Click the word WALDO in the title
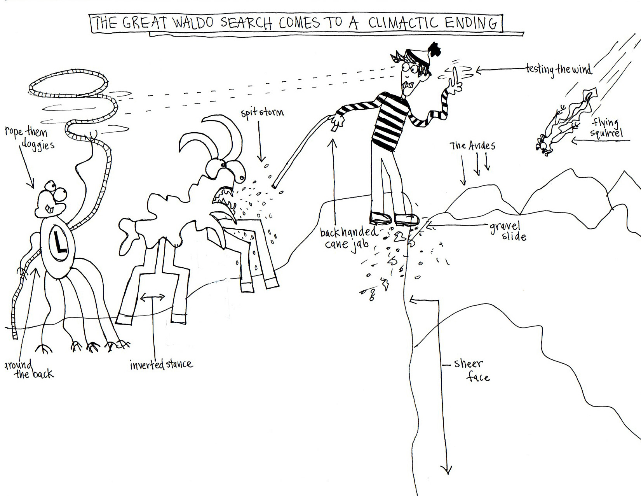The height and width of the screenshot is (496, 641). click(193, 23)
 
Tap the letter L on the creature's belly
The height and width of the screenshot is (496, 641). click(59, 243)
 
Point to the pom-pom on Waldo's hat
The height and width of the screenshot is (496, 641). click(434, 51)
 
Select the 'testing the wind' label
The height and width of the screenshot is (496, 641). click(558, 69)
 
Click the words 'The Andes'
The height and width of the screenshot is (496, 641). click(472, 146)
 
